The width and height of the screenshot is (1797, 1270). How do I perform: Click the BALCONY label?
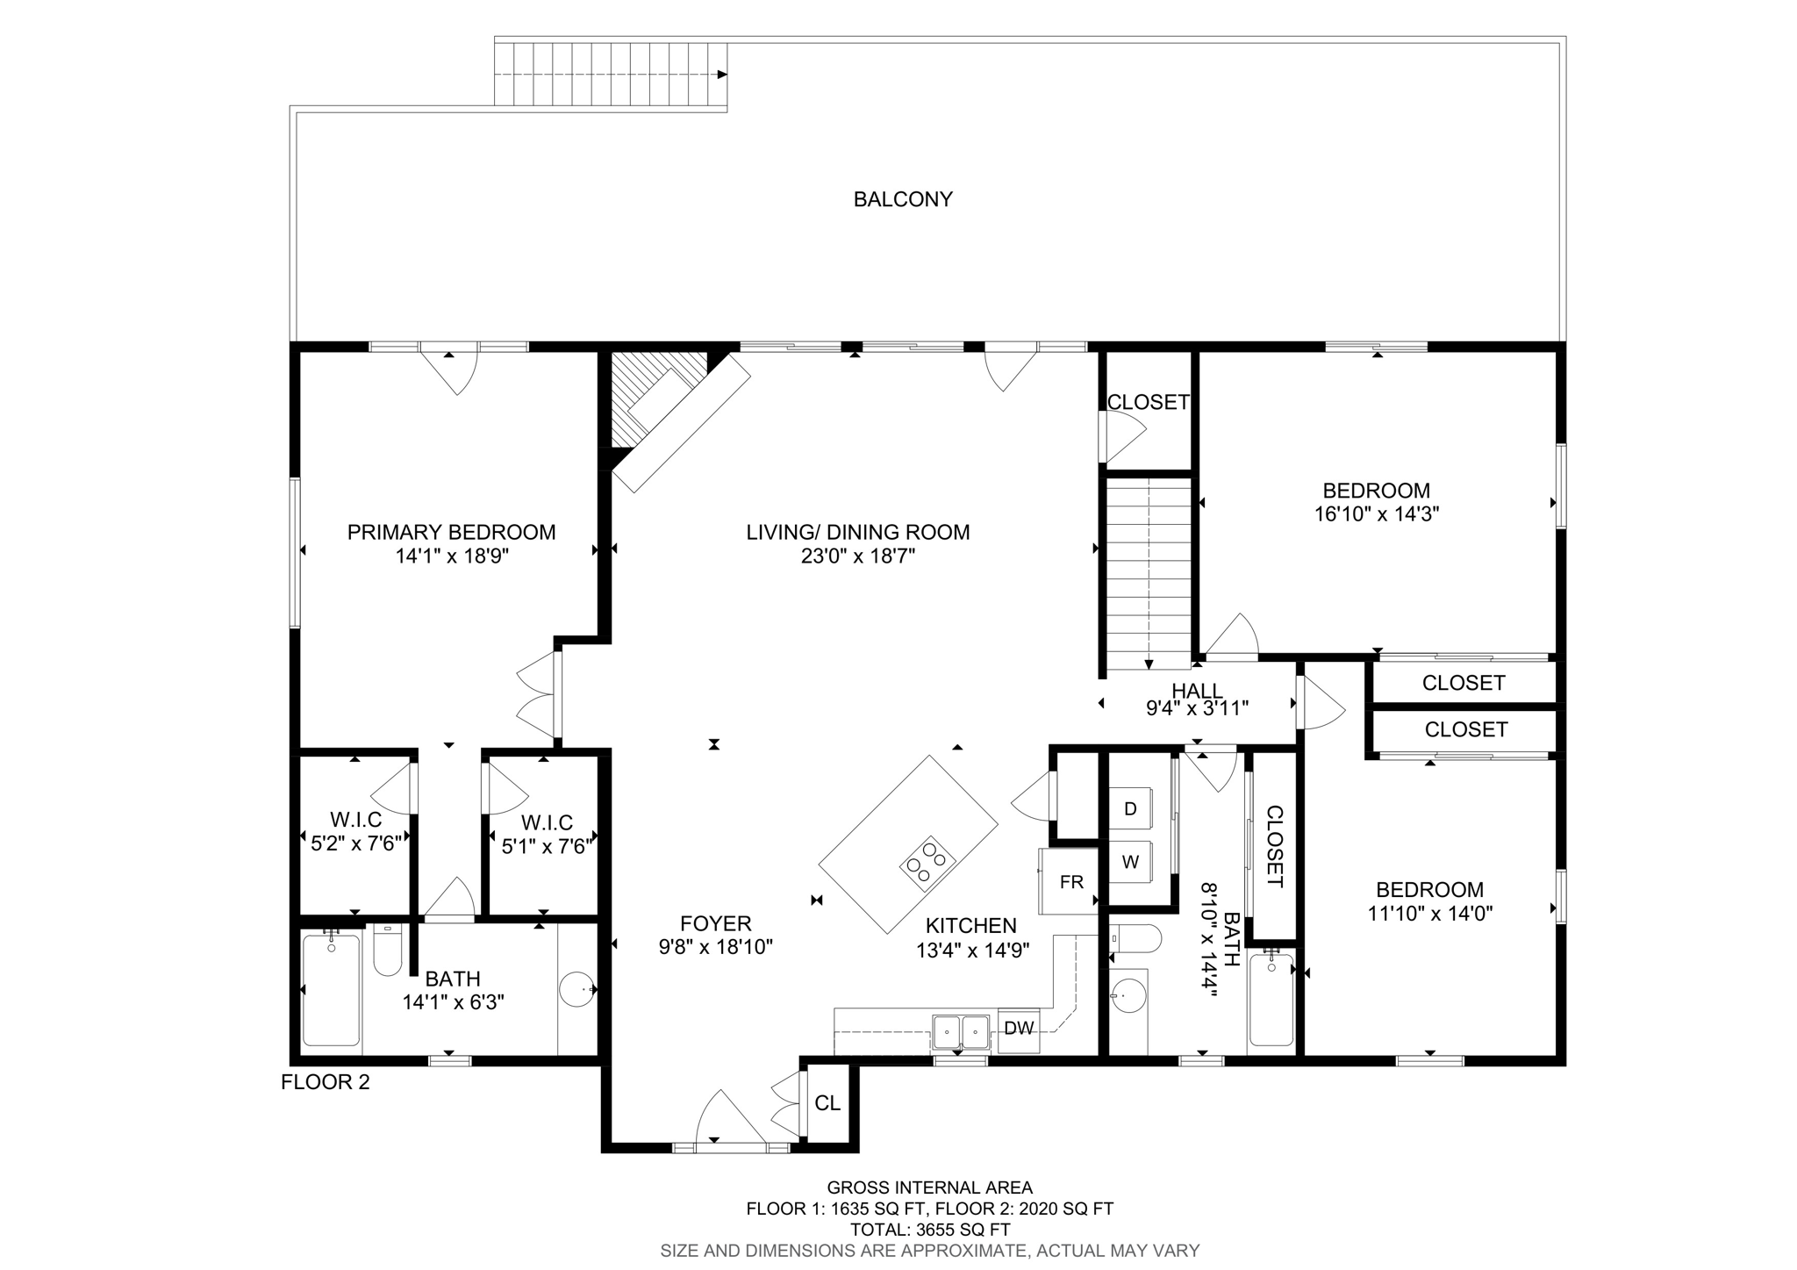903,199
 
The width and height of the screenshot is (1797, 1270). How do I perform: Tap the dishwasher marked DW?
1018,1029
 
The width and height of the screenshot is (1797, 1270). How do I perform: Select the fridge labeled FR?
1070,882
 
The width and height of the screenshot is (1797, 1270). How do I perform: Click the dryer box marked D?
1130,809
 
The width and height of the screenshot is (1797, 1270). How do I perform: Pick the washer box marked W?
1130,862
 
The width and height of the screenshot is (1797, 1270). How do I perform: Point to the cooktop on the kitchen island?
927,861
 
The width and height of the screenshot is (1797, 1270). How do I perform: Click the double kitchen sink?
962,1031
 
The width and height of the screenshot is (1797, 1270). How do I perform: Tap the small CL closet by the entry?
827,1103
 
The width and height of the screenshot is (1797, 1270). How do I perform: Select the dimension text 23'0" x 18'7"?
857,556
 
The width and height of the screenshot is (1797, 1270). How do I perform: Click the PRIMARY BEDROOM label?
451,532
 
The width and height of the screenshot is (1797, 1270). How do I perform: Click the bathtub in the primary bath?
331,991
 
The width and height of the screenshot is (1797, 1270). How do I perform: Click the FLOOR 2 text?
325,1082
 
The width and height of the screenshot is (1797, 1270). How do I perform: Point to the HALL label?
1197,692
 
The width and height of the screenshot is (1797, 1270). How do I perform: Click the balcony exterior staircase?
611,75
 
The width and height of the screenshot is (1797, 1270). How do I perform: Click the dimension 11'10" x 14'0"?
1429,914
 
